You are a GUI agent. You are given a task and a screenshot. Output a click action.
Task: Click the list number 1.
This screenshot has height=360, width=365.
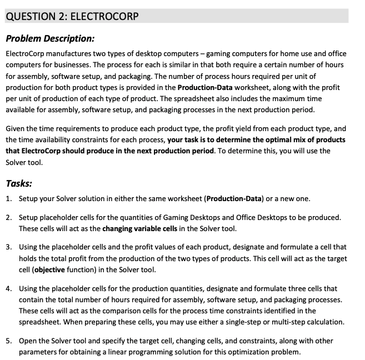8,198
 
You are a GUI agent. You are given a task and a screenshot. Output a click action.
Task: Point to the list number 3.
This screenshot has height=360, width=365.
8,247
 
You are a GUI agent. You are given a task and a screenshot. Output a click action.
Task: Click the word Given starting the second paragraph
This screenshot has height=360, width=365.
16,128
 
